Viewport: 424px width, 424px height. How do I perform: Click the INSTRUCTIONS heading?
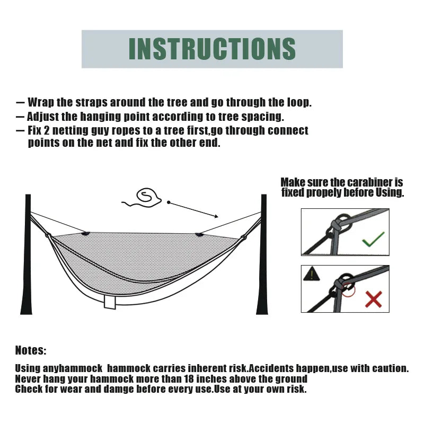[212, 49]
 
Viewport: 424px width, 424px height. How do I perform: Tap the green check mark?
[373, 241]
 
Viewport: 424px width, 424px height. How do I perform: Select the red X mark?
[373, 299]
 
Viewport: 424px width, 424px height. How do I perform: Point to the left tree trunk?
[26, 254]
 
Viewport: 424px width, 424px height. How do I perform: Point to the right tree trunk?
[263, 254]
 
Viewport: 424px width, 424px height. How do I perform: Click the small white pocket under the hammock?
[111, 302]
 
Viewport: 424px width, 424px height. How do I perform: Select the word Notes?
[31, 350]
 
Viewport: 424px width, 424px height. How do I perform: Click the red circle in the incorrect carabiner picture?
[348, 289]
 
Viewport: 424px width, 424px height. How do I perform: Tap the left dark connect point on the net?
[86, 232]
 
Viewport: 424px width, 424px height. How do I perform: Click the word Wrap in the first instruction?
[40, 102]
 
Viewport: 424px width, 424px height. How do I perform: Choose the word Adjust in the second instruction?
[43, 117]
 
